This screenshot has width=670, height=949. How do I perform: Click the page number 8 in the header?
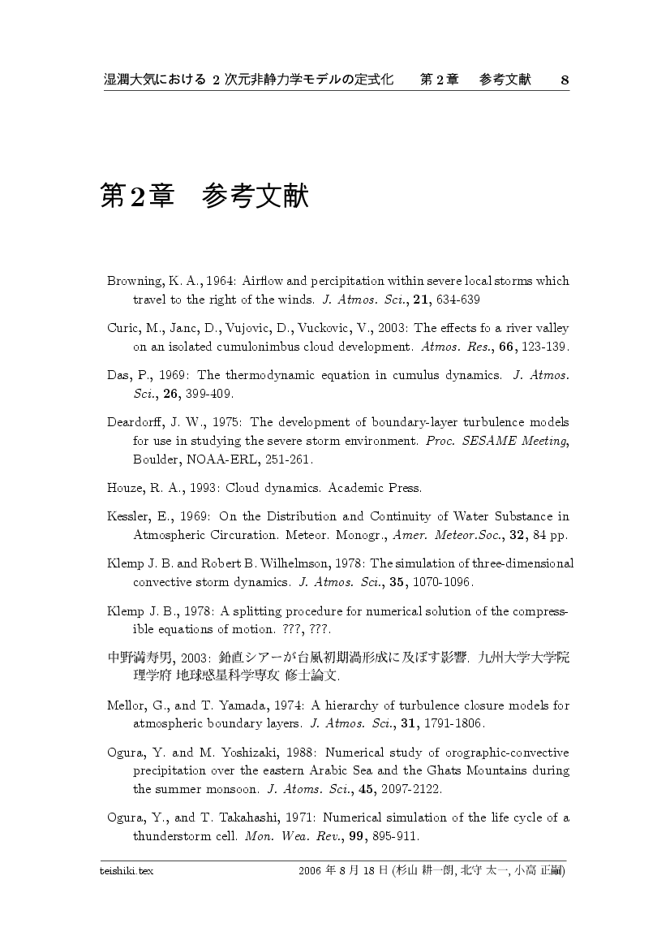click(565, 80)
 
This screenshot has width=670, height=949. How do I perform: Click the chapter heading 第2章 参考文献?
click(204, 196)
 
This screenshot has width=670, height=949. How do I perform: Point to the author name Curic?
click(123, 328)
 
